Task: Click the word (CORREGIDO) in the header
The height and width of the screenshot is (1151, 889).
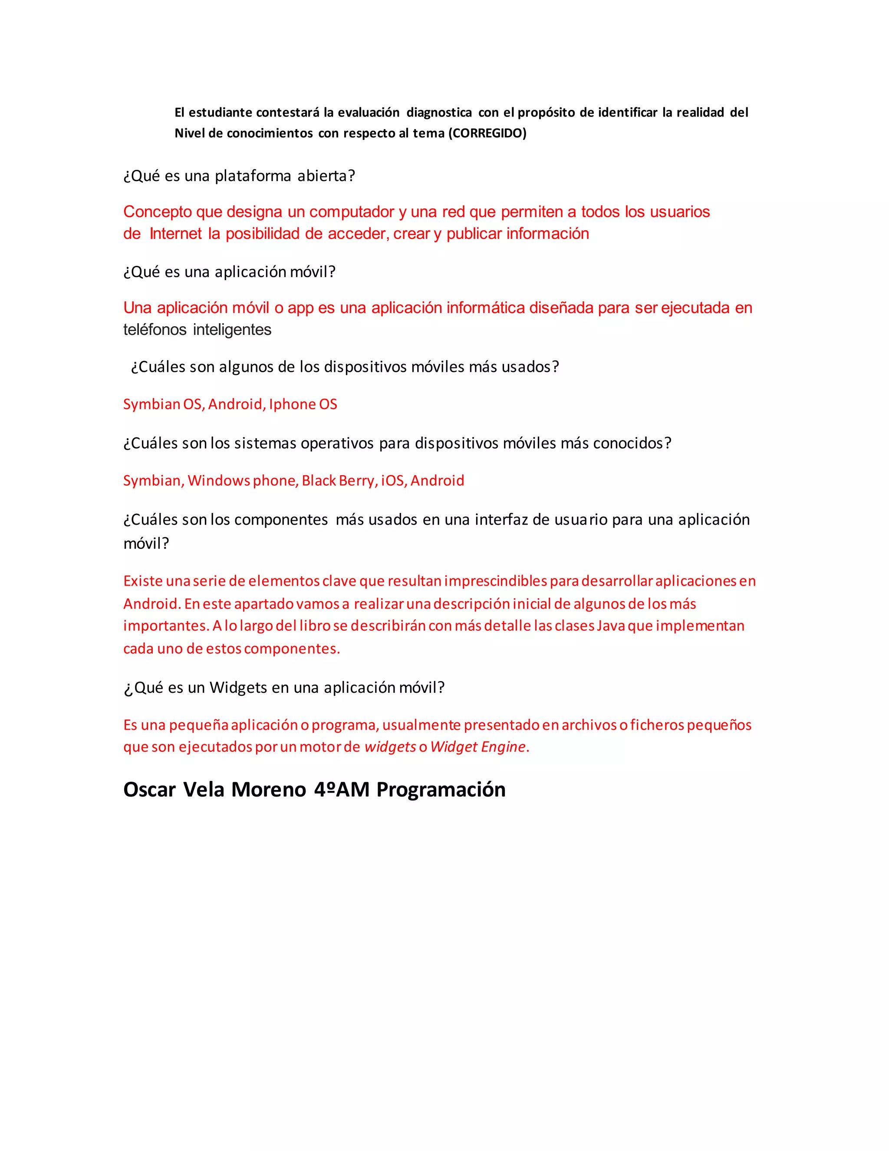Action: (487, 133)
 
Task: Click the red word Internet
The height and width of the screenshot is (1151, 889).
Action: (175, 234)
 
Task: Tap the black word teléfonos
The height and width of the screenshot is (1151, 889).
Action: (155, 330)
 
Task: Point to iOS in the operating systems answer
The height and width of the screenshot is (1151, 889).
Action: (393, 481)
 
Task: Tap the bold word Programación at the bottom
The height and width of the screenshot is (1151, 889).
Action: (441, 790)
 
